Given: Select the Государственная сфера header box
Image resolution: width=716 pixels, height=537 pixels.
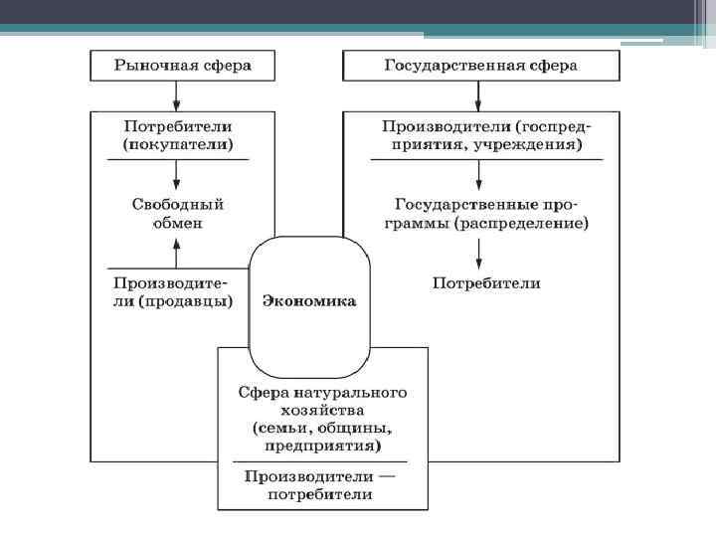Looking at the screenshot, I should pos(480,67).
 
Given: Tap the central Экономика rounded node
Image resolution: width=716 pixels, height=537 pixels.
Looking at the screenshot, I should pos(309,300).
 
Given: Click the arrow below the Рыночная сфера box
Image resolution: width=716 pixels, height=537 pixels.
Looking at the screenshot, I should pos(176,95).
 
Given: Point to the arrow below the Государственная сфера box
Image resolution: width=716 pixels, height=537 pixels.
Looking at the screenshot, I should pos(479,95).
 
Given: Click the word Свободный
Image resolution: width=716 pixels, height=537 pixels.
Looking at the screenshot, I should pos(178,204).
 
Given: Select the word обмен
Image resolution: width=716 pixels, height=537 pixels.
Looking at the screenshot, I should pos(178,223).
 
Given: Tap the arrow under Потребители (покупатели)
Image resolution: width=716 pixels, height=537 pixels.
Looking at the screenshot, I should pos(176,175).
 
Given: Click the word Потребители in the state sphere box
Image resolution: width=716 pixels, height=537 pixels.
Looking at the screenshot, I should pos(486,283).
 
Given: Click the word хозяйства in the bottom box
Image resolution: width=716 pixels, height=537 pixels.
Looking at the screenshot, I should pos(321,410).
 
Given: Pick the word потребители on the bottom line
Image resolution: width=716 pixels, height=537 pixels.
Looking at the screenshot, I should pos(322,494).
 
